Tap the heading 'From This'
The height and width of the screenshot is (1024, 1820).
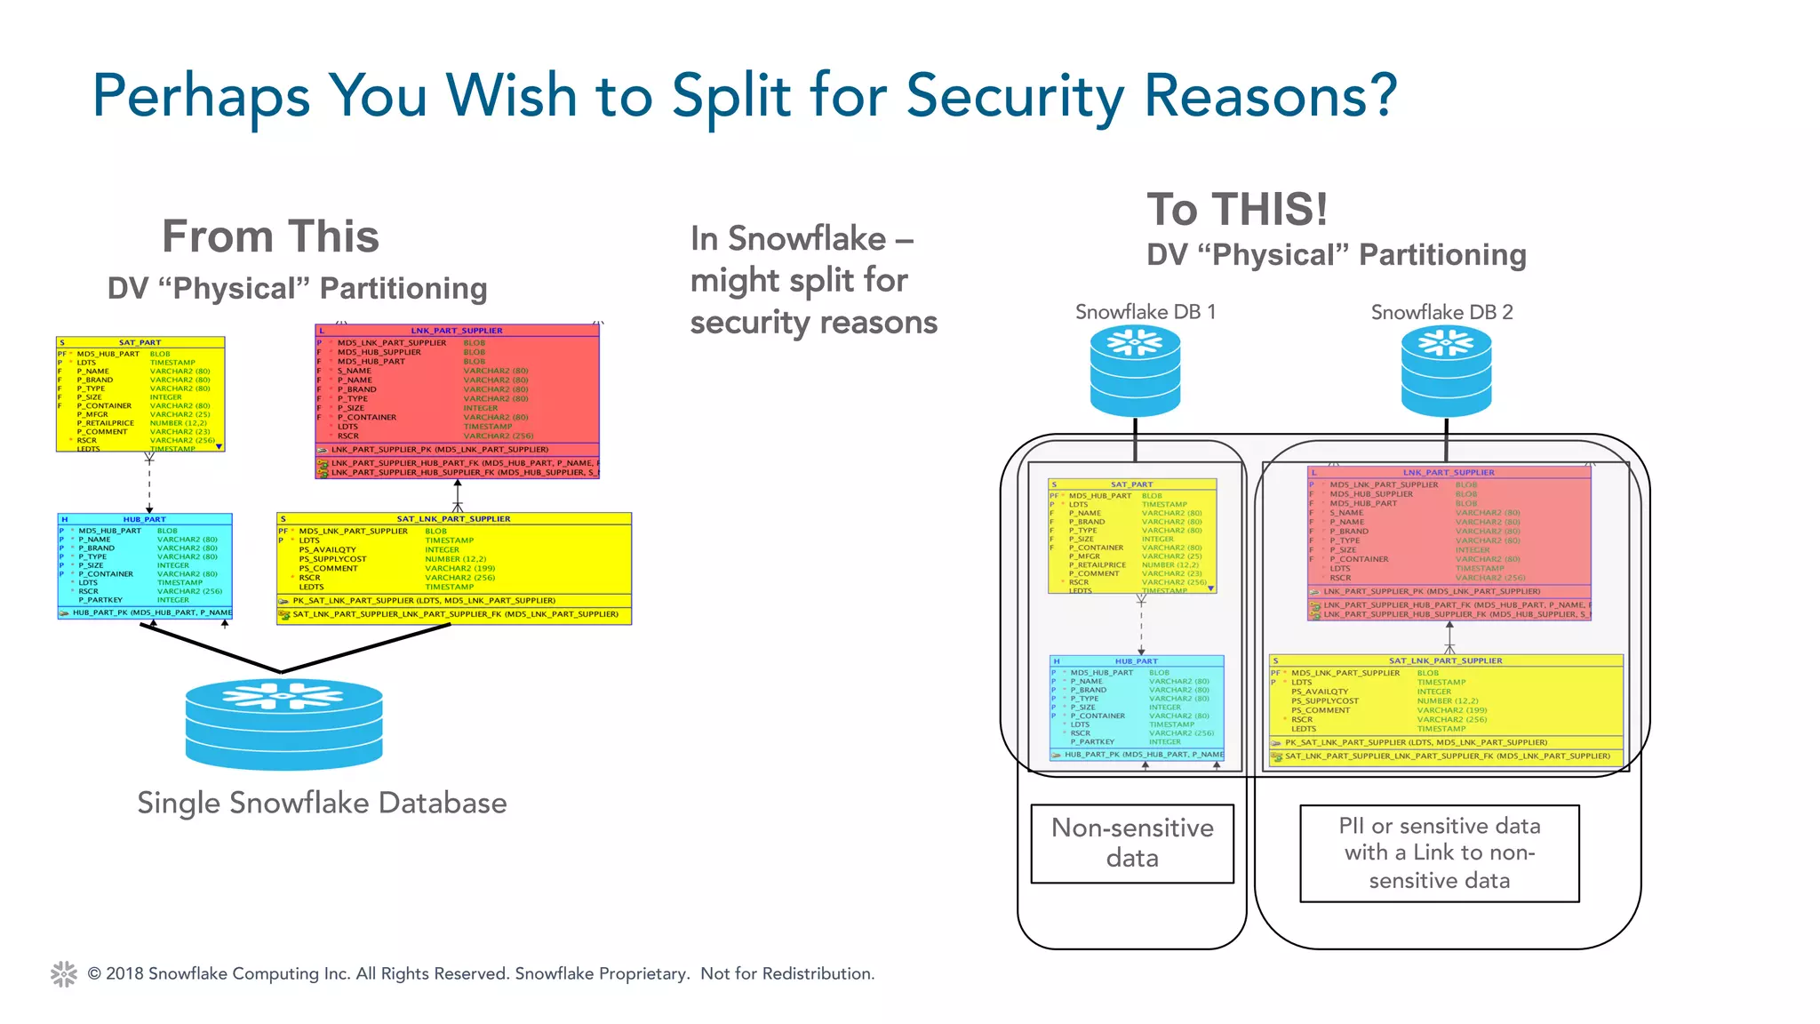(270, 236)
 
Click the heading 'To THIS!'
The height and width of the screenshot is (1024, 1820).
(1237, 210)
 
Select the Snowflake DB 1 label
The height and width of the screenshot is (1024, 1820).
(1145, 312)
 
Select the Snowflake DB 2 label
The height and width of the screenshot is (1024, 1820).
(1441, 312)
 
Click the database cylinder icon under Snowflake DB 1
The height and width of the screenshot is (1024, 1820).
(1135, 371)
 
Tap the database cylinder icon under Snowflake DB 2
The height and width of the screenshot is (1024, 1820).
(1446, 371)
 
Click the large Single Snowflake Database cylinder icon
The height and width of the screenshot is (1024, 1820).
(283, 724)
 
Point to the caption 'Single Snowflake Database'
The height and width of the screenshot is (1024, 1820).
(322, 803)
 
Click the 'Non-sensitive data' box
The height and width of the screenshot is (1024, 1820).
(1132, 843)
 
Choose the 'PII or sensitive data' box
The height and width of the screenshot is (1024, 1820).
(1439, 852)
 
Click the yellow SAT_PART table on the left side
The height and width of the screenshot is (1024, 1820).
(140, 395)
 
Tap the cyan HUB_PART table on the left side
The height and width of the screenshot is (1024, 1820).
(145, 564)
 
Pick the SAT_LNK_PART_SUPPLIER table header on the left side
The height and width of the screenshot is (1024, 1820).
(453, 518)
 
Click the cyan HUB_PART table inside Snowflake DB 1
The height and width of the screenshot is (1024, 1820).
(1137, 707)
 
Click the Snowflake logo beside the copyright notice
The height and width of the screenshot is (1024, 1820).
(64, 973)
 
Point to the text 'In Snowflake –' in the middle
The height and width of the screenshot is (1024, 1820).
(802, 238)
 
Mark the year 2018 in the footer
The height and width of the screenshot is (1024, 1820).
(125, 973)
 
